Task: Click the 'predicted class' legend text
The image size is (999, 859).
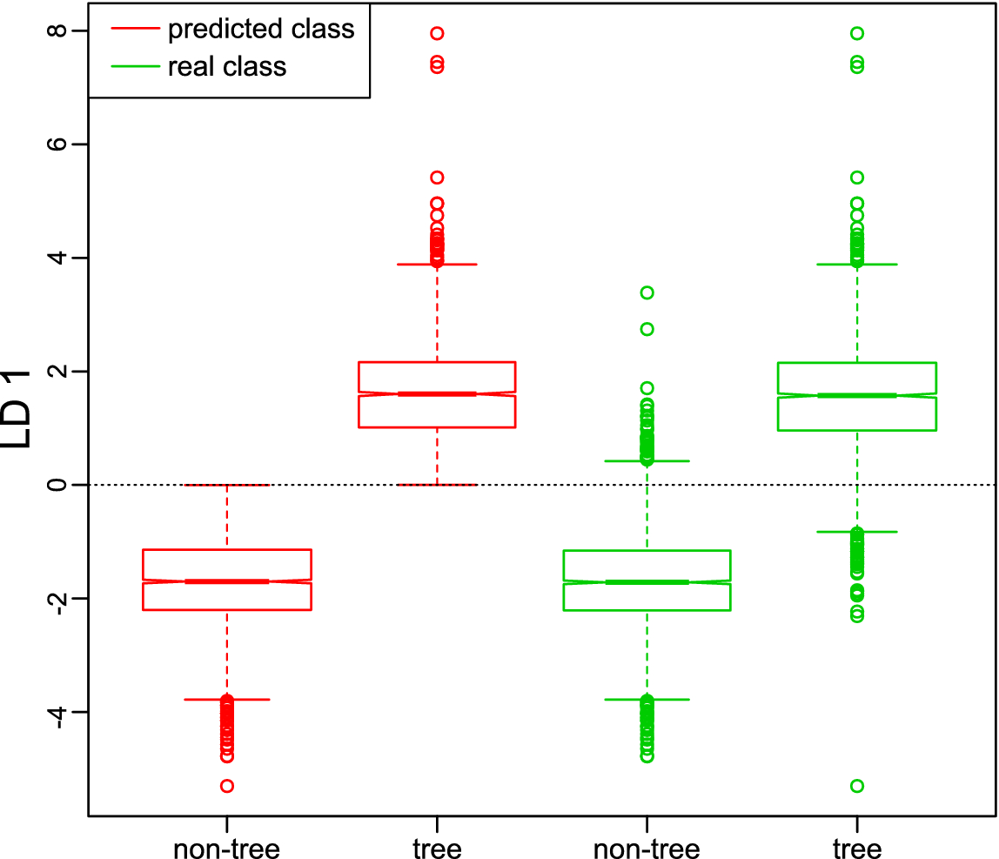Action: tap(261, 29)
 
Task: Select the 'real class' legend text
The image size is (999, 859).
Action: tap(227, 66)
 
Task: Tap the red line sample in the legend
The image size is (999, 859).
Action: tap(135, 29)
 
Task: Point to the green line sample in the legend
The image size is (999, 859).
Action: tap(135, 66)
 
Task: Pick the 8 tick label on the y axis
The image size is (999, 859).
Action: tap(56, 30)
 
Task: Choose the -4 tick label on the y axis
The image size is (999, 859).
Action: tap(56, 712)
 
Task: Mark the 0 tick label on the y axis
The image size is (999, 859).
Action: tap(56, 485)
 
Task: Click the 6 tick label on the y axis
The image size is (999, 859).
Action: tap(56, 144)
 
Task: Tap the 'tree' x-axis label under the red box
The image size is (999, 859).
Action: tap(437, 848)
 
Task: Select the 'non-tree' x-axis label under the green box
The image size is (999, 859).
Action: tap(647, 848)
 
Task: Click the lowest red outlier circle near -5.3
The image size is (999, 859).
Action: tap(227, 786)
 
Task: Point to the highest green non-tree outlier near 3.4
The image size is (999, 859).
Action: tap(647, 292)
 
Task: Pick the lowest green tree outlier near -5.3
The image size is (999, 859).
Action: tap(857, 786)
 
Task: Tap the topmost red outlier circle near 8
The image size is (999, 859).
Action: tap(437, 34)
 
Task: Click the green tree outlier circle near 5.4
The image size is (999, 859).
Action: tap(857, 178)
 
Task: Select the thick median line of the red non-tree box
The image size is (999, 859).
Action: tap(227, 580)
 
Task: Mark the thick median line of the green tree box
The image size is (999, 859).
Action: tap(857, 395)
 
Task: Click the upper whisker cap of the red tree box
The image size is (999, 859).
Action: tap(437, 264)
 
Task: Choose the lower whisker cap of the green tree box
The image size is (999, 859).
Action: tap(857, 532)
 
